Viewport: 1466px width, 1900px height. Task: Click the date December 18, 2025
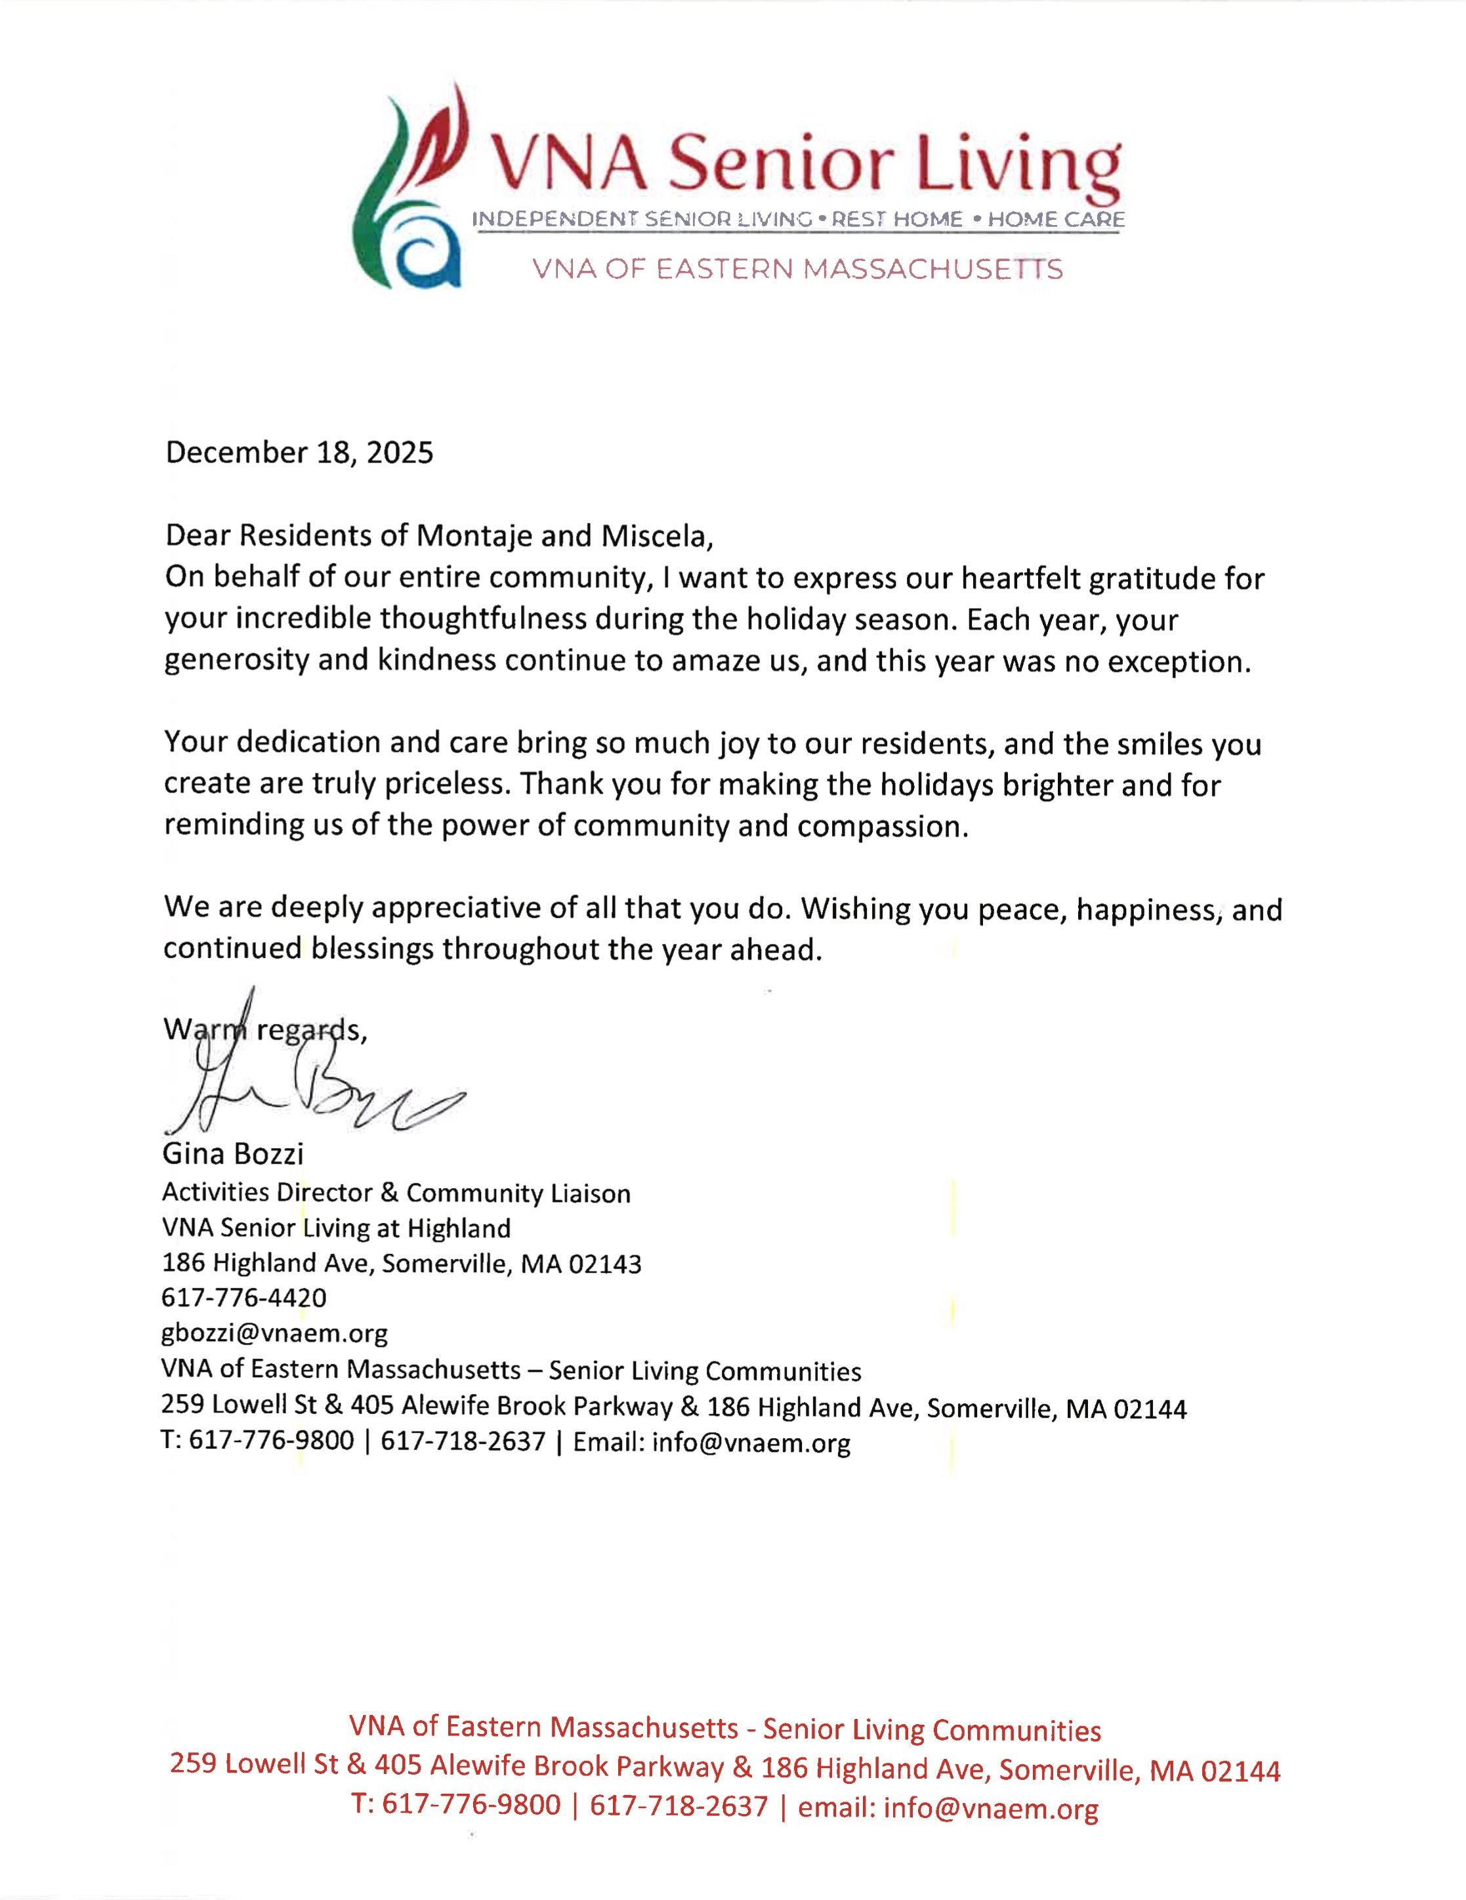(299, 453)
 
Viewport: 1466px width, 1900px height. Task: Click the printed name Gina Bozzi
(232, 1153)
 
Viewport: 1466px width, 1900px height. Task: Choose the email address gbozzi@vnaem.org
(274, 1332)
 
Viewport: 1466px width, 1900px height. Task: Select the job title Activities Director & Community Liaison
(396, 1193)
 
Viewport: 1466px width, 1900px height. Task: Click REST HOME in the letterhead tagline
(896, 219)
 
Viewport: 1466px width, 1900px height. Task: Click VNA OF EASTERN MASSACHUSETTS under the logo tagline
(797, 269)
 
